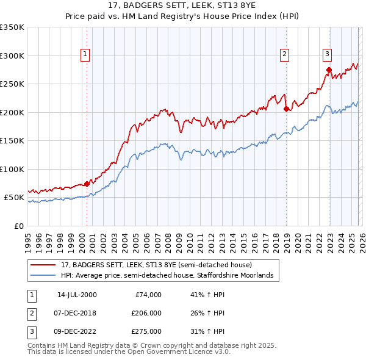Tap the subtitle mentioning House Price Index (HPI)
(x=182, y=17)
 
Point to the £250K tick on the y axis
(x=12, y=84)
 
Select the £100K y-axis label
(x=12, y=169)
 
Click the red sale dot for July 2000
(x=87, y=184)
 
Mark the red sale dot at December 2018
(x=286, y=109)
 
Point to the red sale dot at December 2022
(x=329, y=70)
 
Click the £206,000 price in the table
(x=146, y=313)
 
